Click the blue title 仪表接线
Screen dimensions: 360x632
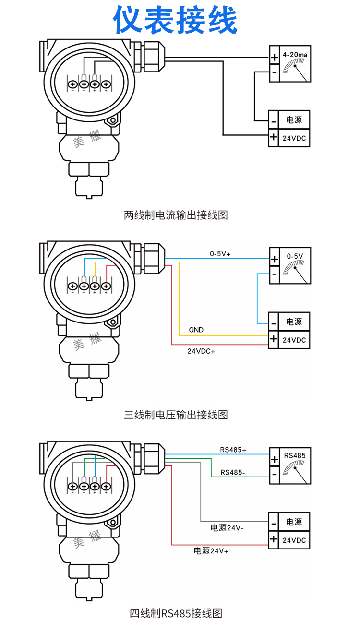pos(175,20)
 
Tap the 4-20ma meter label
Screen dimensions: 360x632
pos(295,55)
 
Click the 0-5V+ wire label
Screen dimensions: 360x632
pos(220,254)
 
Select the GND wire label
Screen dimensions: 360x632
pos(196,330)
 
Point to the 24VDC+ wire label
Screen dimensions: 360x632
pos(201,351)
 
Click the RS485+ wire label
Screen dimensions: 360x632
pos(233,450)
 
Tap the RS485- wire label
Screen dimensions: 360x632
pos(233,472)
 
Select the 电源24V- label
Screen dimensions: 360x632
pos(227,527)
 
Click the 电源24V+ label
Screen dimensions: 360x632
pos(211,550)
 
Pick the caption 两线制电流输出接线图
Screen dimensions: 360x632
pos(176,215)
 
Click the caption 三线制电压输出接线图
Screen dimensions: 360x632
pos(176,415)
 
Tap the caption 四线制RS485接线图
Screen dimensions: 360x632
pos(176,613)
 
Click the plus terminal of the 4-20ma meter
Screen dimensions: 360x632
pos(274,58)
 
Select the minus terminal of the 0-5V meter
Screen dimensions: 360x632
pos(274,274)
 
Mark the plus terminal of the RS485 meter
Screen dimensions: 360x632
pos(274,460)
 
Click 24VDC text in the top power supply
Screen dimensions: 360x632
pos(294,138)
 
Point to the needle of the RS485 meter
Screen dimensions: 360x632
pos(301,476)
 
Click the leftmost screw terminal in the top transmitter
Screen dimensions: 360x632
pos(73,84)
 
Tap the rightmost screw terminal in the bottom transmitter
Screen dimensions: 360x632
pos(106,487)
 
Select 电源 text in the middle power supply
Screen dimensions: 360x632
pos(294,322)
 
